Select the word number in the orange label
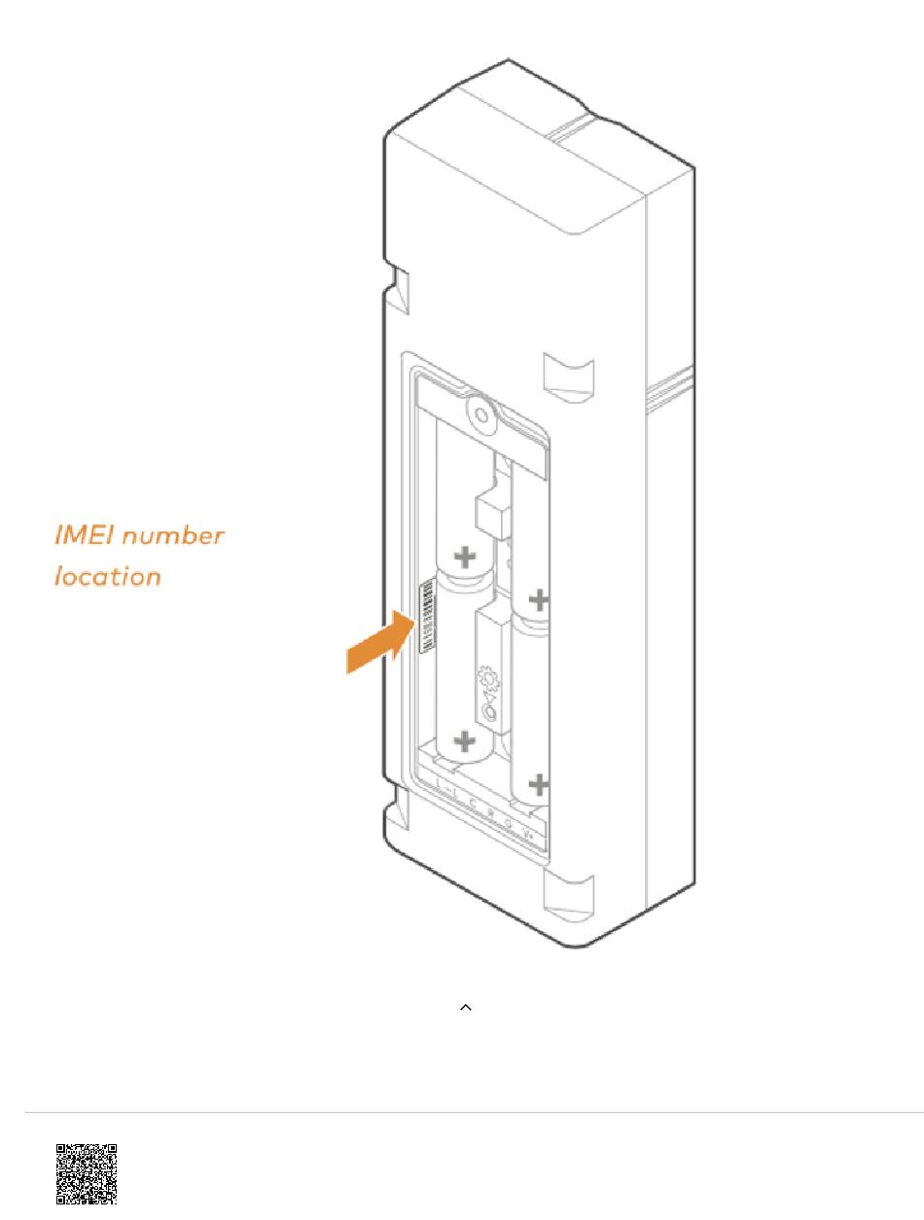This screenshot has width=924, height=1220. click(x=174, y=535)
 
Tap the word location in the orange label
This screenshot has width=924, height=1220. click(x=107, y=576)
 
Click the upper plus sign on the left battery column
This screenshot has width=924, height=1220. click(x=467, y=557)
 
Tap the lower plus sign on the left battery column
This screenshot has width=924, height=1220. click(x=466, y=742)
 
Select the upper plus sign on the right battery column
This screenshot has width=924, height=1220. click(x=538, y=599)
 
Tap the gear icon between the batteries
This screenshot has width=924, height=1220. click(x=487, y=674)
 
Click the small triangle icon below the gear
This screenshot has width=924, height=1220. click(x=489, y=696)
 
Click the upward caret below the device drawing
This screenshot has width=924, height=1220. click(x=465, y=1009)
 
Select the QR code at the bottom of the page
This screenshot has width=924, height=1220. click(x=86, y=1173)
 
